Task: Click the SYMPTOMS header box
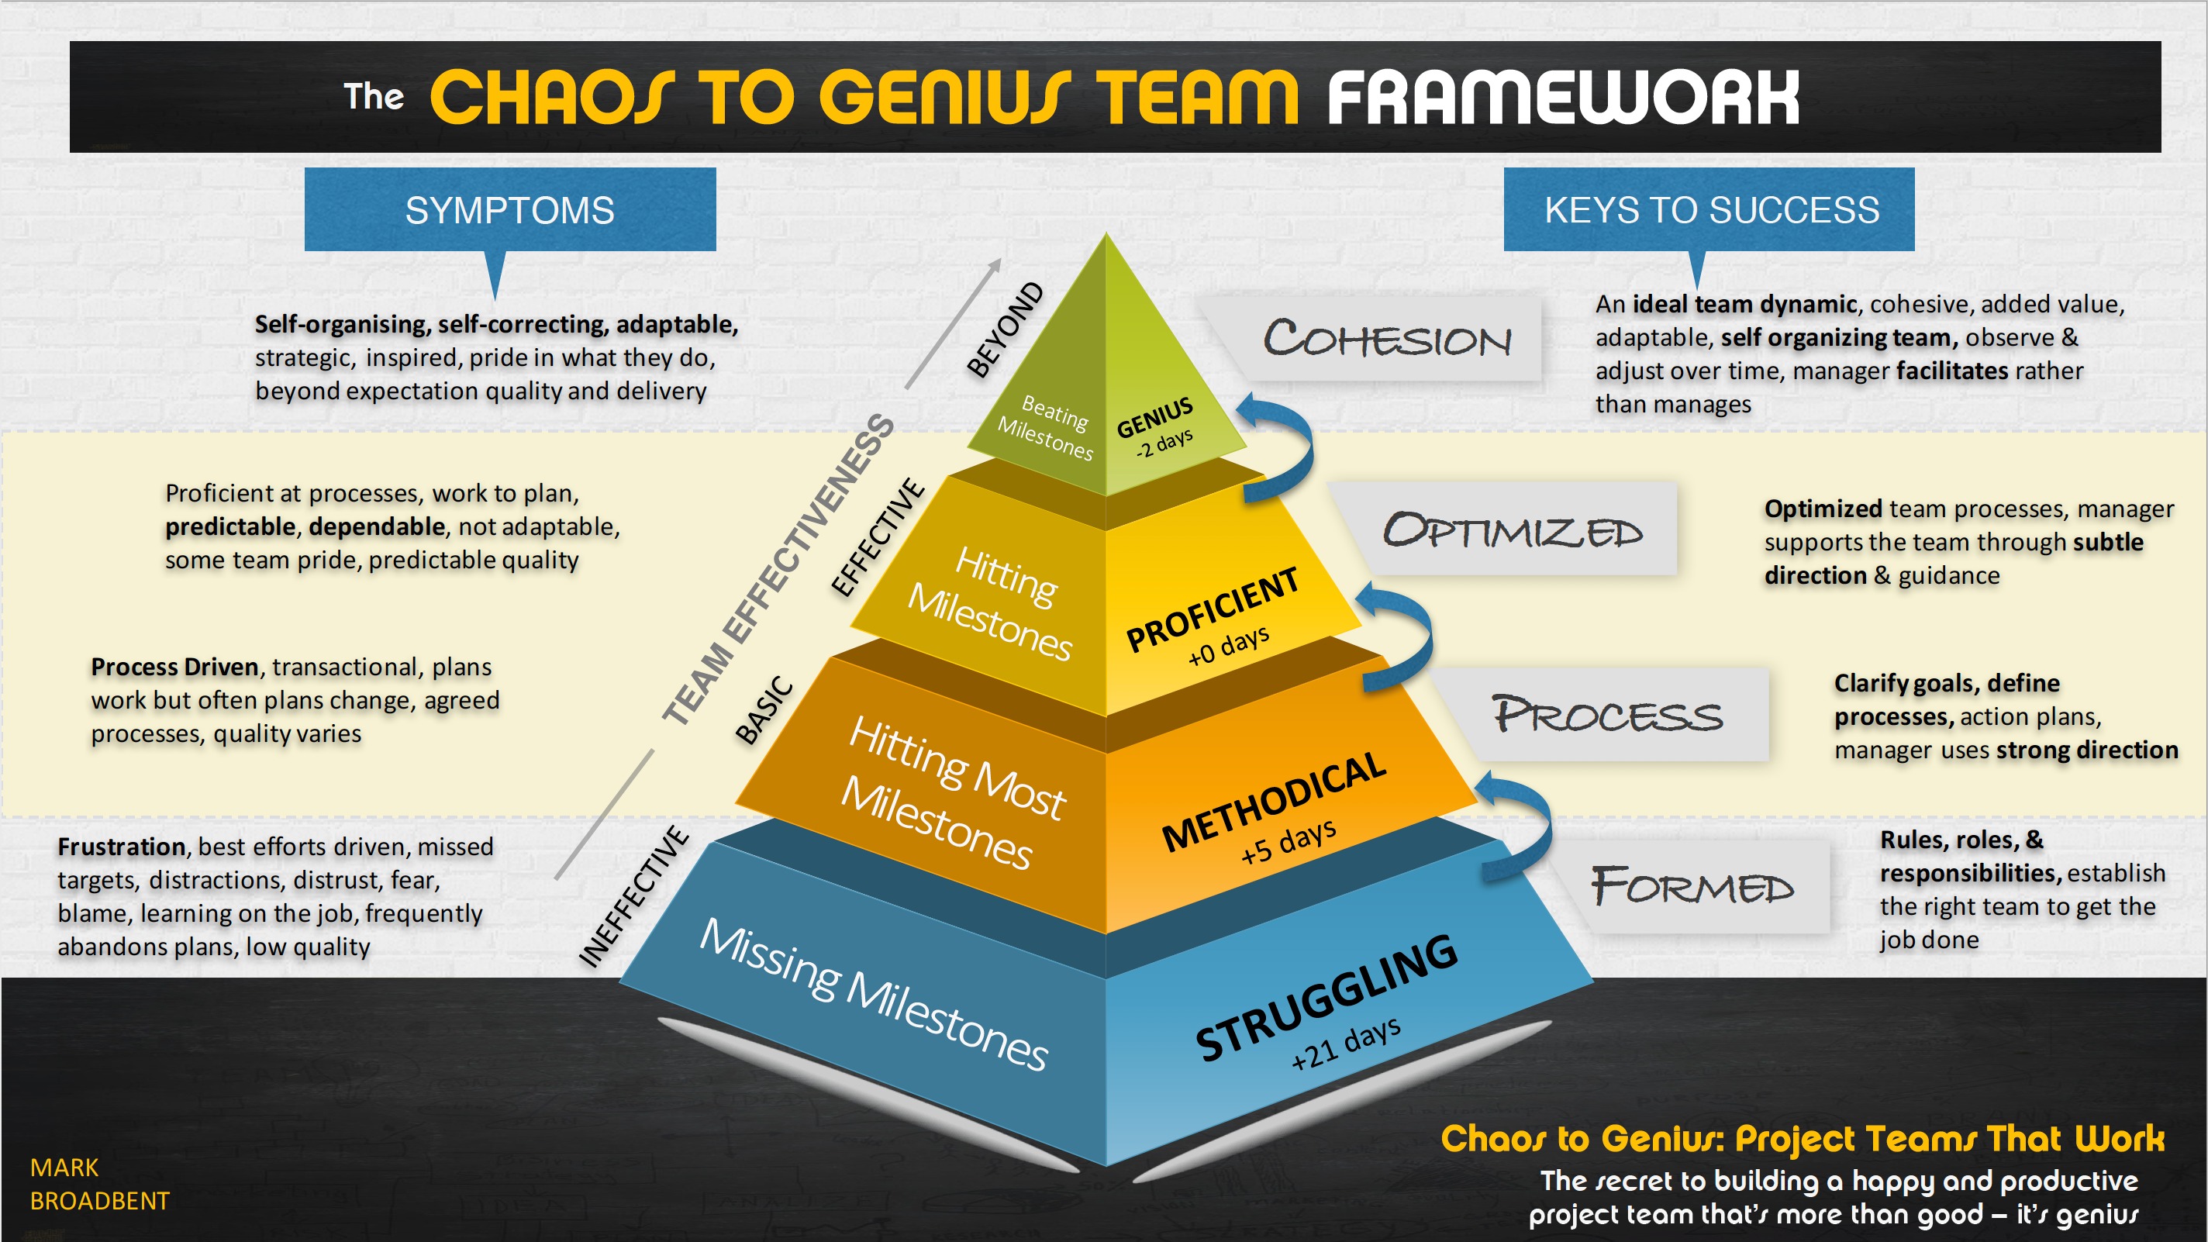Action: (510, 210)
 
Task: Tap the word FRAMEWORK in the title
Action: (1561, 98)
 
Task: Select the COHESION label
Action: (1387, 340)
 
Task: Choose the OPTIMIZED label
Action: (1513, 530)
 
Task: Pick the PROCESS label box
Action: (1607, 715)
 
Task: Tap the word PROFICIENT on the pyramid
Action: (1212, 609)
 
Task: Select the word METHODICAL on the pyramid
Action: (1274, 802)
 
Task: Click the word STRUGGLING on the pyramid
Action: (1326, 997)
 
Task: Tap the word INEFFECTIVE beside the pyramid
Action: (633, 896)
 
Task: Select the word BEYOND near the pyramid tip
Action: (1006, 329)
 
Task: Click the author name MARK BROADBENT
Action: (99, 1184)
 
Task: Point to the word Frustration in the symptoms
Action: (122, 847)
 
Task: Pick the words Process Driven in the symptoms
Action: (175, 667)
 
